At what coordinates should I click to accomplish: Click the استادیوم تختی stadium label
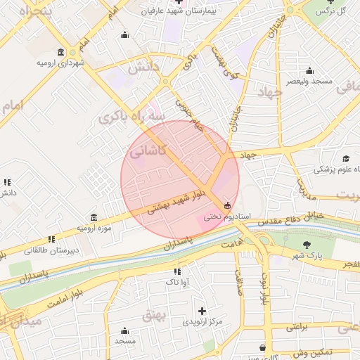(x=222, y=217)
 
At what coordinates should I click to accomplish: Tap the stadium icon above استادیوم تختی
(x=226, y=206)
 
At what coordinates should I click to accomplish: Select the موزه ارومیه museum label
(x=94, y=229)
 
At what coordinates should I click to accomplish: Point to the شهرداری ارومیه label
(x=61, y=63)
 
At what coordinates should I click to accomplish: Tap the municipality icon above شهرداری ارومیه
(x=61, y=53)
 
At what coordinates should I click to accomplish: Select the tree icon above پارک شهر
(x=307, y=245)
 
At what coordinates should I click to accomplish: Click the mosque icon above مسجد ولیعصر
(x=309, y=70)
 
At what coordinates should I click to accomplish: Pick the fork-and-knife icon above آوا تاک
(x=177, y=271)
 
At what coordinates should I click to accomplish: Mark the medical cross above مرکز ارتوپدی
(x=202, y=310)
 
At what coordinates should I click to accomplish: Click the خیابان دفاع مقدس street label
(x=286, y=219)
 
